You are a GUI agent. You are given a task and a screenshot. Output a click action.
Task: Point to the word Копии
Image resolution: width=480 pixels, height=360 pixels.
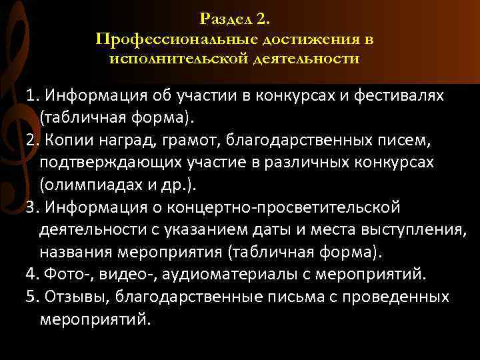tap(66, 139)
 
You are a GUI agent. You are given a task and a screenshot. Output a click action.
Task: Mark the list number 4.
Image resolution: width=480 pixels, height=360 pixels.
tap(31, 275)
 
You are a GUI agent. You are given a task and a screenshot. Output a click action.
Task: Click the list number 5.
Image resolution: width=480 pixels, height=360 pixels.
tap(31, 296)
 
